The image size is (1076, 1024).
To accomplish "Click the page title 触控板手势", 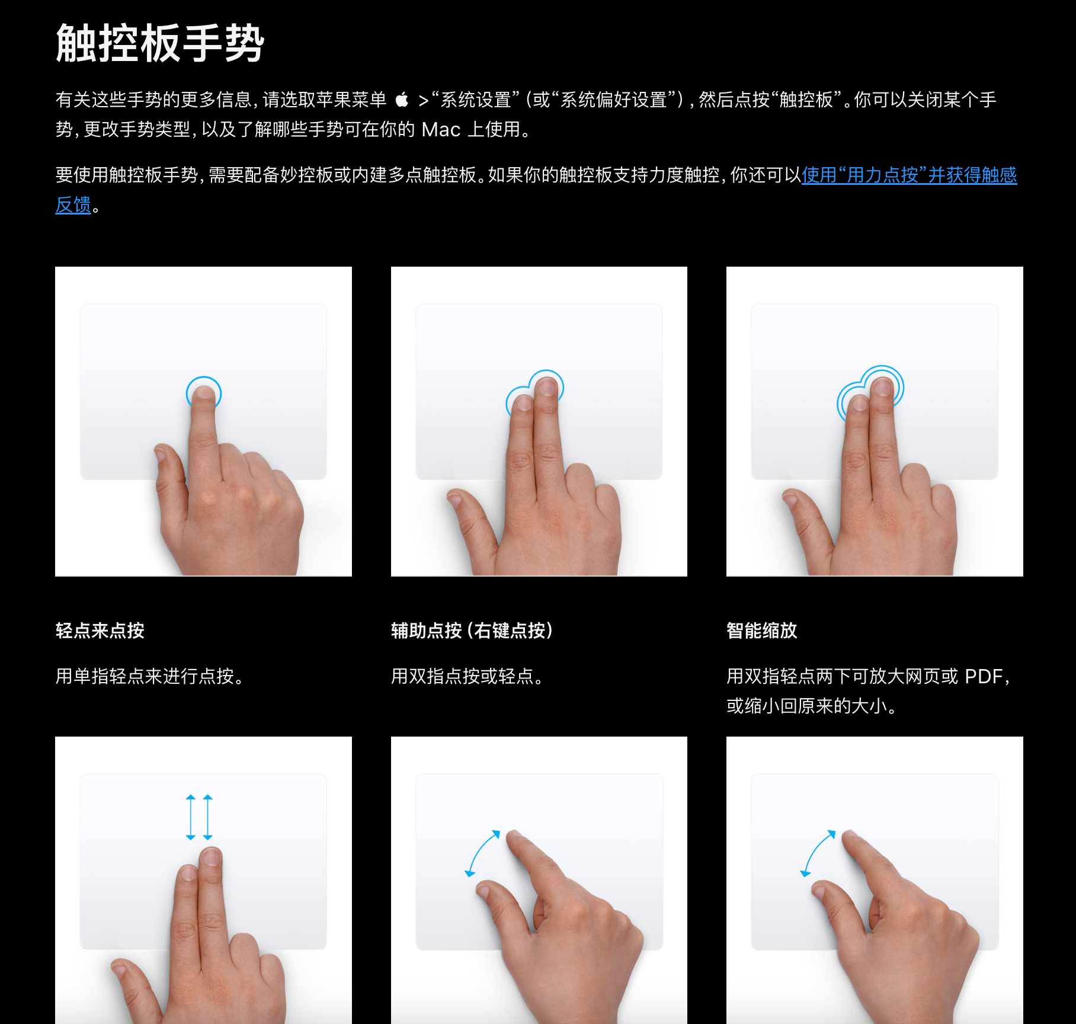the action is point(160,43).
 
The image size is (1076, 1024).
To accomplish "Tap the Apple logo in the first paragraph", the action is point(402,100).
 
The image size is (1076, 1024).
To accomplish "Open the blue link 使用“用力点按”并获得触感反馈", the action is point(909,175).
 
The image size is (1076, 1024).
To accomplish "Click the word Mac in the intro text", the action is point(441,130).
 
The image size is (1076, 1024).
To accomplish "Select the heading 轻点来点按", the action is point(100,631).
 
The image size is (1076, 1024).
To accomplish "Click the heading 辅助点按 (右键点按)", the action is point(472,631).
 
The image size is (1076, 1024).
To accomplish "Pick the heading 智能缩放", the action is point(762,631).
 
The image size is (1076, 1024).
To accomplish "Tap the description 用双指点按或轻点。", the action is point(467,676).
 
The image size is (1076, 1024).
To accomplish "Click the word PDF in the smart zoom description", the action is point(984,676).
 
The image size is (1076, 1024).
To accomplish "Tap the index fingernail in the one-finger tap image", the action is point(204,392).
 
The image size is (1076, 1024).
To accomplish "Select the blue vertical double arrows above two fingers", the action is point(199,817).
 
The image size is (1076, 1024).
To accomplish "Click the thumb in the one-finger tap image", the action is point(170,474).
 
